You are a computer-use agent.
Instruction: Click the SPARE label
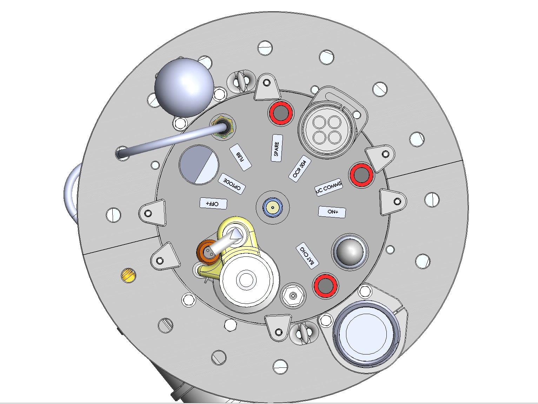tap(277, 148)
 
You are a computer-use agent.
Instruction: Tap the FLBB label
tap(240, 157)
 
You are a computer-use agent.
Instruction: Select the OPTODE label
tap(232, 183)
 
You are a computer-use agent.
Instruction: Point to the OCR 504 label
tap(299, 169)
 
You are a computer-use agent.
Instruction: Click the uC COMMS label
tap(329, 187)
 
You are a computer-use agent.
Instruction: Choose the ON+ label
tap(332, 212)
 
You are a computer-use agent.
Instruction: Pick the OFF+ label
tap(213, 203)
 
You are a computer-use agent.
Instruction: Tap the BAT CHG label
tap(307, 256)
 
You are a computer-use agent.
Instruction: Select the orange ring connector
tap(208, 252)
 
